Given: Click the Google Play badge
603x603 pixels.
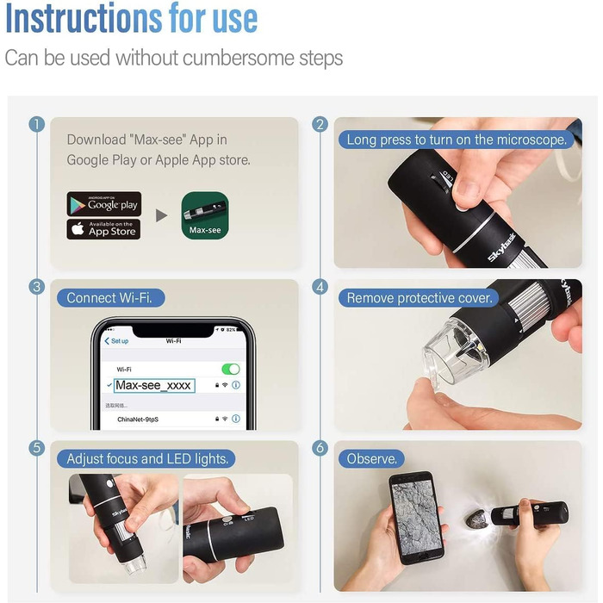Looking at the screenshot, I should tap(104, 204).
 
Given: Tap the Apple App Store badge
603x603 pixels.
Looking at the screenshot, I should tap(104, 229).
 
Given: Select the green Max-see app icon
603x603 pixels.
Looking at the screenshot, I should tap(204, 215).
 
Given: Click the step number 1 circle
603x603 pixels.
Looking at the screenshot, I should tap(36, 124).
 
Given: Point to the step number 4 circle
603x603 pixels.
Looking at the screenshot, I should tap(320, 287).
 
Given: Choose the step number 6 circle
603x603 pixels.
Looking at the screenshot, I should tap(320, 448).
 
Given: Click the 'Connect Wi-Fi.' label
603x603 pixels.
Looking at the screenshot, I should tap(115, 298).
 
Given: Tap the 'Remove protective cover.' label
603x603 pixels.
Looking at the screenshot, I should tap(420, 298).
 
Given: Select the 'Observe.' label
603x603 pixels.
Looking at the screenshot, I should tap(371, 459).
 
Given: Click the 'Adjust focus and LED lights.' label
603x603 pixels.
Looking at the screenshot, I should tap(147, 459).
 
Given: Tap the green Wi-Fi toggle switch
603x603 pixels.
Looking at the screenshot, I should tap(230, 369).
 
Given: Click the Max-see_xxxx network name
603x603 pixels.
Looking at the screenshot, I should tap(154, 385).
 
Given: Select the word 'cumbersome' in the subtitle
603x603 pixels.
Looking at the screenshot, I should tap(230, 59).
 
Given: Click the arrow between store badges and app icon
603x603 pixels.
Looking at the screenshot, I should tap(161, 215).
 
